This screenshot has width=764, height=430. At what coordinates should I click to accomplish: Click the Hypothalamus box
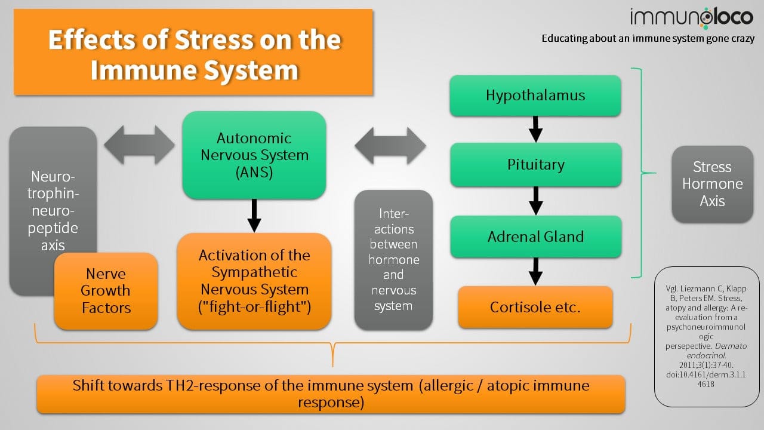coord(535,96)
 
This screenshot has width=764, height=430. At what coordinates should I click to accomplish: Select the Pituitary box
coord(535,165)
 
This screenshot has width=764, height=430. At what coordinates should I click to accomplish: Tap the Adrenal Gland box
coord(535,236)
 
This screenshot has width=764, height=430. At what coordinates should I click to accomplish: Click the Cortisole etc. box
coord(535,307)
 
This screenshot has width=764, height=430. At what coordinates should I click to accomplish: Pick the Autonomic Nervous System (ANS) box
coord(254,155)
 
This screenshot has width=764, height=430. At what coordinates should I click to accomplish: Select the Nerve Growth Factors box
coord(106,291)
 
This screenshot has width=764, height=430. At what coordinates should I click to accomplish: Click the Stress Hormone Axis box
coord(712,184)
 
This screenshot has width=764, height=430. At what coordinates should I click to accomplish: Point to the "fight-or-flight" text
coord(254,307)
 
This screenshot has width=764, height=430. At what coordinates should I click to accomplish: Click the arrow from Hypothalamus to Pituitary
coord(536,129)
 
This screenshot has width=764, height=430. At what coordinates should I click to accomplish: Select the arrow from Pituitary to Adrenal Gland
coord(536,201)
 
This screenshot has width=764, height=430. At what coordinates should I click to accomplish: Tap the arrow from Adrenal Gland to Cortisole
coord(536,272)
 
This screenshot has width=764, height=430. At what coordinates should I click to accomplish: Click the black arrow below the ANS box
coord(254,215)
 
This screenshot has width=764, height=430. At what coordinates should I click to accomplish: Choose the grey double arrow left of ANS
coord(139,144)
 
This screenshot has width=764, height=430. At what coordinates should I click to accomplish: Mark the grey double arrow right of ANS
coord(390,145)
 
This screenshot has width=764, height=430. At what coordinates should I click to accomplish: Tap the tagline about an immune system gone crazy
coord(648,39)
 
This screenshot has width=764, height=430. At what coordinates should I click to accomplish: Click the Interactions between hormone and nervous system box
coord(393,260)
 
